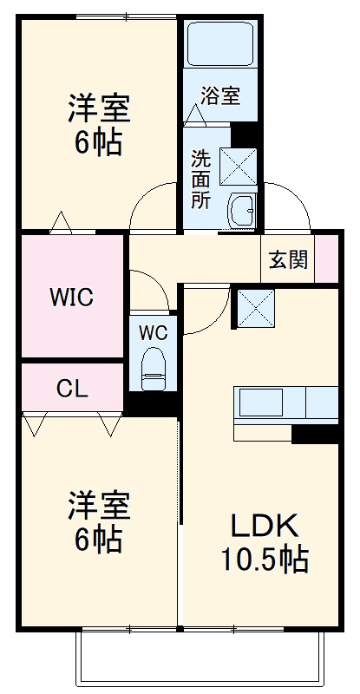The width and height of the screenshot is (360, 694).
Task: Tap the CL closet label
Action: pyautogui.click(x=72, y=388)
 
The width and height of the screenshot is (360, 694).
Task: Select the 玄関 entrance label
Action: pyautogui.click(x=287, y=260)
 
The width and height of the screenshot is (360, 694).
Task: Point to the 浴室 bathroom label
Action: pyautogui.click(x=220, y=95)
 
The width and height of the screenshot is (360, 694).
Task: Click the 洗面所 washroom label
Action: pyautogui.click(x=200, y=179)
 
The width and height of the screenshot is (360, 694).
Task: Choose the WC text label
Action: pyautogui.click(x=153, y=331)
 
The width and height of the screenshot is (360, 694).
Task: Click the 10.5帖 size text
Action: pyautogui.click(x=265, y=560)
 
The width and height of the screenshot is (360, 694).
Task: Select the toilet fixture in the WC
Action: pyautogui.click(x=154, y=369)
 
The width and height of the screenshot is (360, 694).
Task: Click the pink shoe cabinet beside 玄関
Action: pyautogui.click(x=326, y=259)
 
